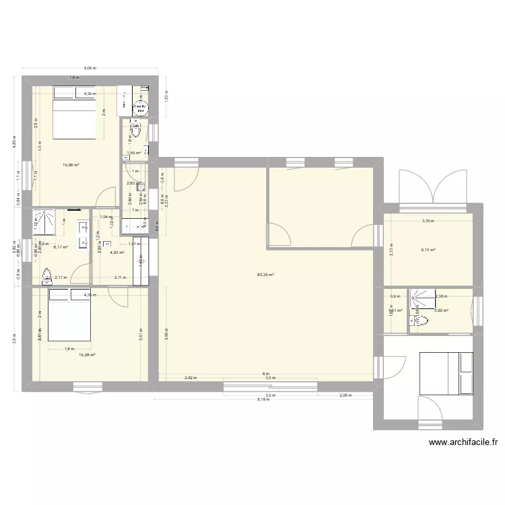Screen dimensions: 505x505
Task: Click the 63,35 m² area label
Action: tap(265, 275)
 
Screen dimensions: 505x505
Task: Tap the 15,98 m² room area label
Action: tap(71, 164)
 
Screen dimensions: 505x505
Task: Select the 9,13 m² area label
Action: tap(428, 250)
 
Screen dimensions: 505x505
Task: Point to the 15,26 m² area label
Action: tap(86, 355)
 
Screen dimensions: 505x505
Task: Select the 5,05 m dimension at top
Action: tap(90, 68)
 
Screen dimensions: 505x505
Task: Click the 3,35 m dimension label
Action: tap(428, 221)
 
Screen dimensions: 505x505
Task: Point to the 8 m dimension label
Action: tap(266, 373)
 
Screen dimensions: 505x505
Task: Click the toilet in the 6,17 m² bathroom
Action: tap(46, 276)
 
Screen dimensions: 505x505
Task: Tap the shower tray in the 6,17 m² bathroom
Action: tap(46, 220)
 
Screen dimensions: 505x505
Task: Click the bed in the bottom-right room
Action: tap(446, 372)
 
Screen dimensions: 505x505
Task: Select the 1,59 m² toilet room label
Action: tap(135, 153)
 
